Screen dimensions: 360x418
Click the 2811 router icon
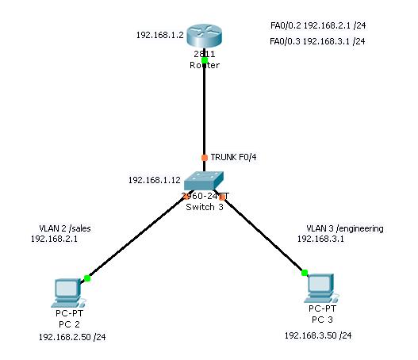205,36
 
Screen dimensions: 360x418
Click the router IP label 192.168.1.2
159,35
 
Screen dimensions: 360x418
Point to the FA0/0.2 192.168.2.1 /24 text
317,25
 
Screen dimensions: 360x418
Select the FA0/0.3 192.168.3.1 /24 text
317,40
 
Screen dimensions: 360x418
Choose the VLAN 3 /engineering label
340,228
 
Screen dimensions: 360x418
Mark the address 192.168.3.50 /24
318,335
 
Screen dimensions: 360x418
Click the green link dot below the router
205,60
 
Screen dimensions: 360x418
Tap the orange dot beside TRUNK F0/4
205,158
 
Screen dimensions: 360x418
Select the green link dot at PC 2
87,278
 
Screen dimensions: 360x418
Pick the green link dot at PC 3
305,273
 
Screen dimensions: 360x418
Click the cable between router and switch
205,111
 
